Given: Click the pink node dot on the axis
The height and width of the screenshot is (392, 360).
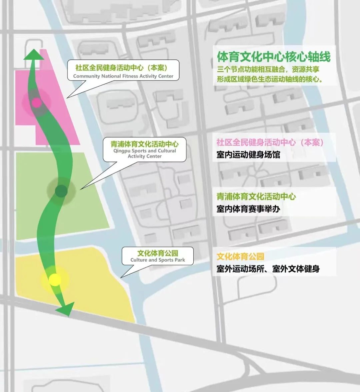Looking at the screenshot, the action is tap(37, 102).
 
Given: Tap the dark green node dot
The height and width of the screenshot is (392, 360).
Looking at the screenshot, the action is tap(61, 191).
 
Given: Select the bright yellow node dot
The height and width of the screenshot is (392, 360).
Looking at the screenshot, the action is tap(55, 280).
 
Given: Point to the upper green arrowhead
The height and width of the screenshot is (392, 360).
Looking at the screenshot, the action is tap(33, 55).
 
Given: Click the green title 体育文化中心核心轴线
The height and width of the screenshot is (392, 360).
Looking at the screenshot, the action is tap(274, 57).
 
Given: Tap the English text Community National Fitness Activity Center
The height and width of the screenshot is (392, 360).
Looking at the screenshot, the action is tap(123, 76).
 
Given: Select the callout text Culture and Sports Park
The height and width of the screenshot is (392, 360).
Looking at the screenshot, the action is tap(158, 260).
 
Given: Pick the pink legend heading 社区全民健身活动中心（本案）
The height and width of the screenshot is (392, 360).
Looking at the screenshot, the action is tap(270, 142).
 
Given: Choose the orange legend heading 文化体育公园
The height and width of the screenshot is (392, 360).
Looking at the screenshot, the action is tap(240, 257).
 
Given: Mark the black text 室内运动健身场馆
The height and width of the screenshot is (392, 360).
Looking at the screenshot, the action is tap(248, 155).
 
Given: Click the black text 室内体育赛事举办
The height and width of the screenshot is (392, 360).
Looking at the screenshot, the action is tap(248, 209).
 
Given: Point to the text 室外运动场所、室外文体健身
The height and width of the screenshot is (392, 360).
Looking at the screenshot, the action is tap(268, 269).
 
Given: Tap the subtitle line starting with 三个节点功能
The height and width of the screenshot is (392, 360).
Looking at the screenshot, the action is tap(268, 69).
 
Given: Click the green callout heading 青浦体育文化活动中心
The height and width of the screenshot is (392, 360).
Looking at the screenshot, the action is tap(145, 144).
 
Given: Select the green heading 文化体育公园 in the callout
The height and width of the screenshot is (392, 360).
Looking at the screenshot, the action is tap(158, 253).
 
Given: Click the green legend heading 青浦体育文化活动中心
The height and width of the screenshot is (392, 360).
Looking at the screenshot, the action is tap(256, 197).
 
